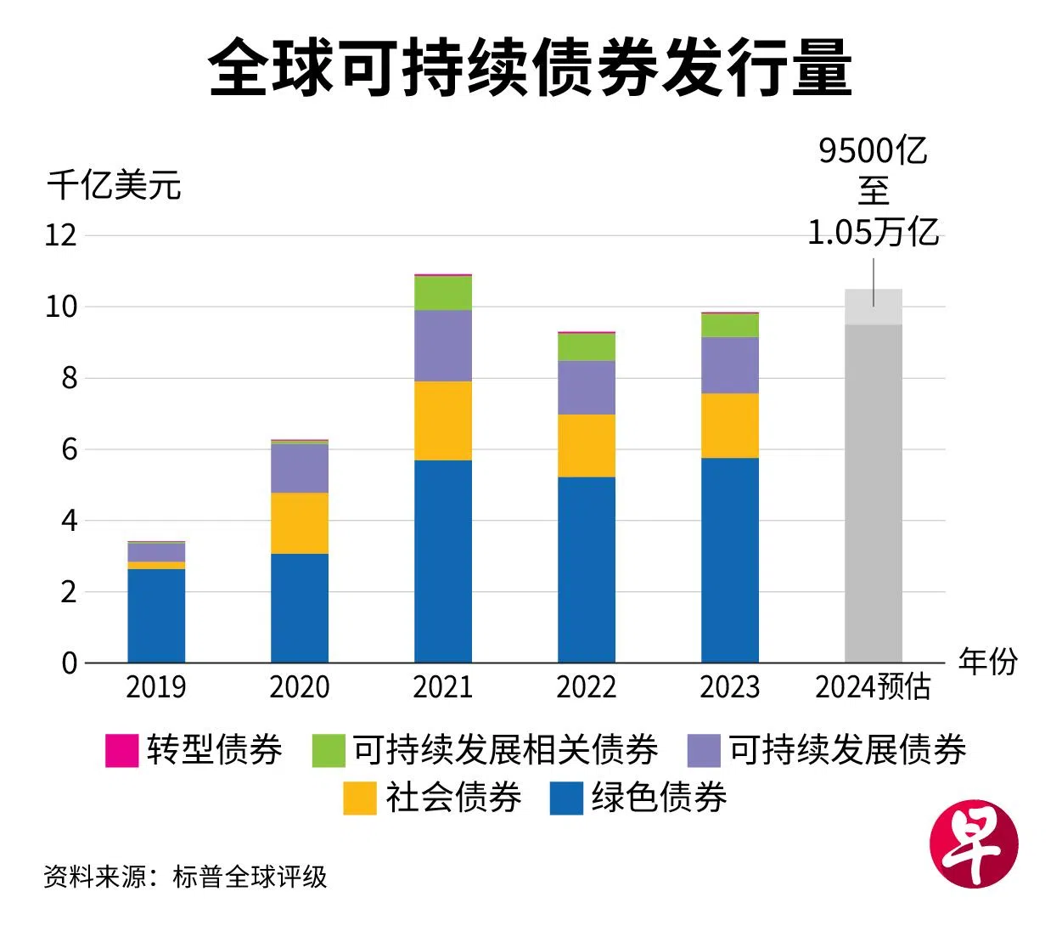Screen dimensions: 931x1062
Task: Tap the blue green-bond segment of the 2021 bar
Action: click(x=443, y=561)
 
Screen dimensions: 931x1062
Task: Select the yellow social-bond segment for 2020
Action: click(x=300, y=523)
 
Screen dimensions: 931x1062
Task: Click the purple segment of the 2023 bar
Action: click(x=730, y=365)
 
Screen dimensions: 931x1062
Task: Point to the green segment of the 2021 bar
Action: click(x=443, y=293)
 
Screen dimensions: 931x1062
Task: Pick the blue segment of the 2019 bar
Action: click(x=156, y=615)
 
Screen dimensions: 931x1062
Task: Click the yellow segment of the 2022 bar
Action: click(x=587, y=445)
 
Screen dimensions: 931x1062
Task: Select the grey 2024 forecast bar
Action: click(x=874, y=493)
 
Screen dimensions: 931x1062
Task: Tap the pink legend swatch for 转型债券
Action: click(x=121, y=751)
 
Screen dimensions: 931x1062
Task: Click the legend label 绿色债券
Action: click(x=659, y=798)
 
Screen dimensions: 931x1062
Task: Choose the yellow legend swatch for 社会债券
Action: click(x=359, y=798)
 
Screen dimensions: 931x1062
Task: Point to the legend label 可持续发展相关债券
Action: click(x=506, y=751)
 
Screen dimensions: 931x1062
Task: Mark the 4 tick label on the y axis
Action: click(x=69, y=521)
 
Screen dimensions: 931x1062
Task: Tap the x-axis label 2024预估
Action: click(x=874, y=687)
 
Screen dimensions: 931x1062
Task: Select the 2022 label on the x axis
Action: click(x=587, y=687)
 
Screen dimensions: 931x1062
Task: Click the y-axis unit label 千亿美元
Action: click(x=114, y=185)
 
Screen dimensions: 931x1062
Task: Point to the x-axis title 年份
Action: click(x=987, y=661)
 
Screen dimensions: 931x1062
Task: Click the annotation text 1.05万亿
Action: click(x=873, y=232)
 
